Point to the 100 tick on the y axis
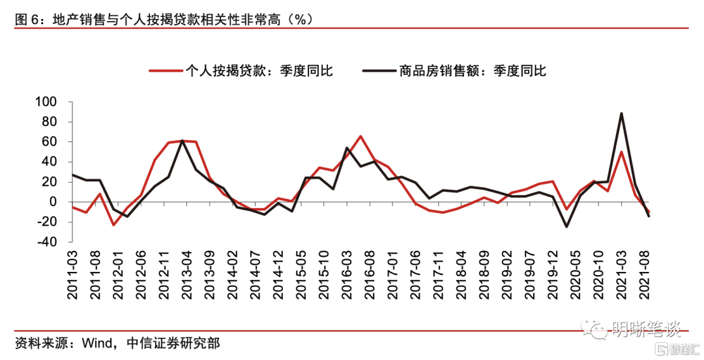pyautogui.click(x=47, y=102)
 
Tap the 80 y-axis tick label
pyautogui.click(x=50, y=122)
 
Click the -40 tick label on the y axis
pyautogui.click(x=47, y=242)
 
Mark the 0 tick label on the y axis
pyautogui.click(x=54, y=202)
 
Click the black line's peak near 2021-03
pyautogui.click(x=621, y=113)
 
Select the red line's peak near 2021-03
pyautogui.click(x=621, y=152)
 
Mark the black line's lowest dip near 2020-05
pyautogui.click(x=566, y=226)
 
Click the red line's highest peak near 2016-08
pyautogui.click(x=360, y=136)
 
